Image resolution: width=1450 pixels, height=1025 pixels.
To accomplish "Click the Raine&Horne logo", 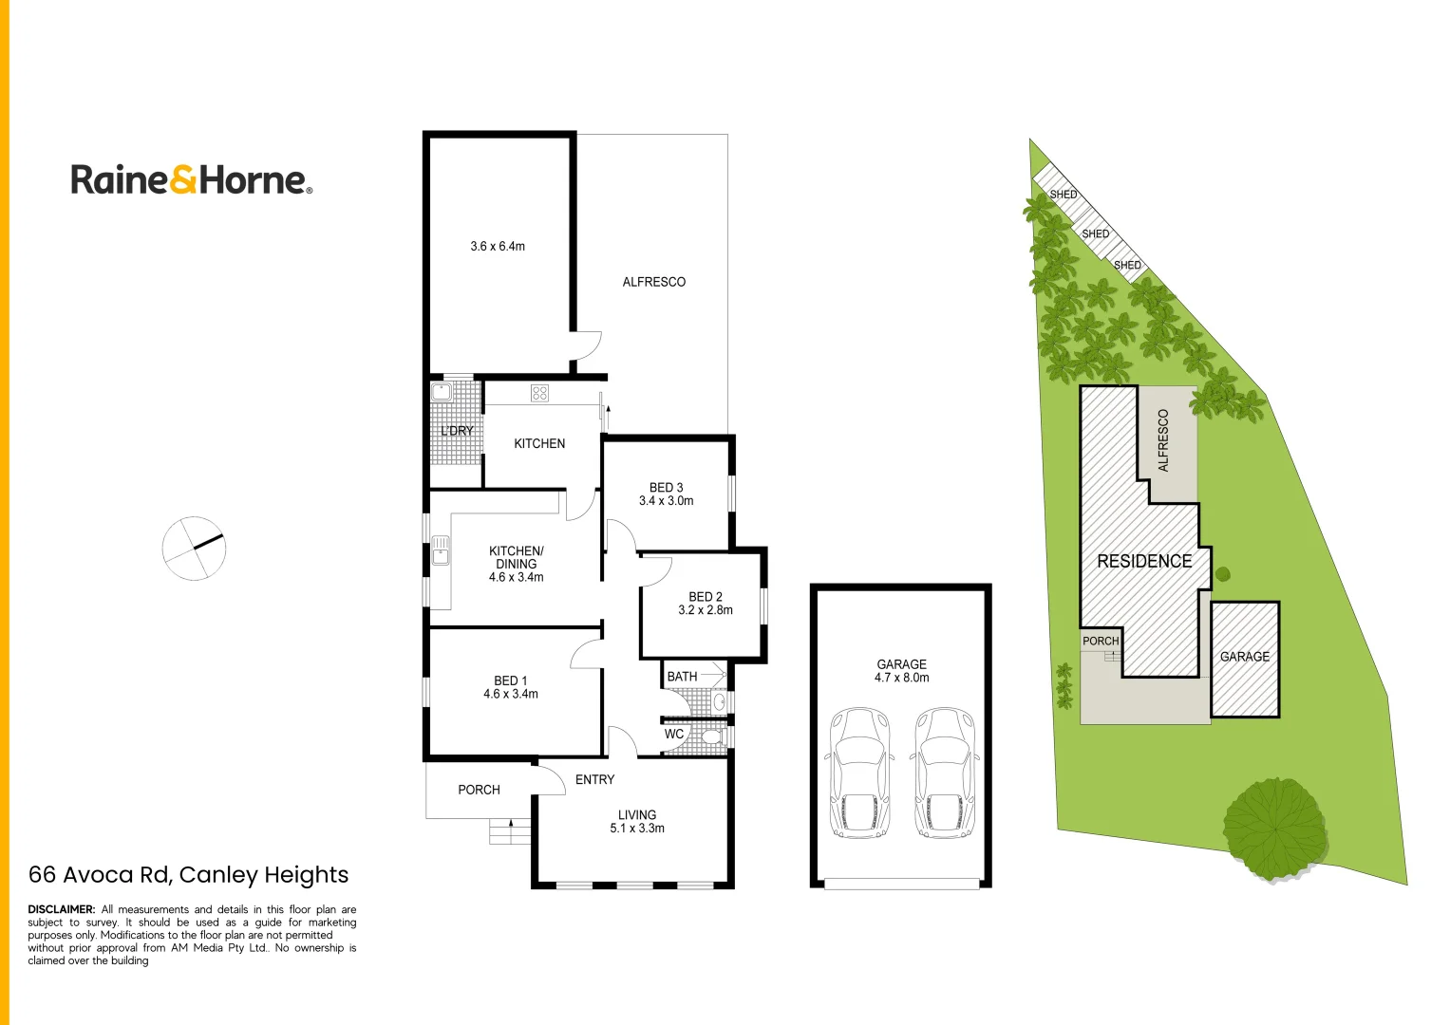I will click(191, 179).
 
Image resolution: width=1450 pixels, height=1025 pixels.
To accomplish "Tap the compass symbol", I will click(194, 549).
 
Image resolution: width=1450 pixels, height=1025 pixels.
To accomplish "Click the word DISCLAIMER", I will click(62, 909).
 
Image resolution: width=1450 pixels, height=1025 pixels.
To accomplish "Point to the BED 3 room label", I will click(666, 488).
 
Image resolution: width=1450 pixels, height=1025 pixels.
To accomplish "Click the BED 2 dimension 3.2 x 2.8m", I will click(705, 610).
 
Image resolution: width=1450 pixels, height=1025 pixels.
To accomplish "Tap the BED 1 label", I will click(510, 680).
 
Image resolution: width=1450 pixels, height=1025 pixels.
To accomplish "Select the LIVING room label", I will click(636, 815).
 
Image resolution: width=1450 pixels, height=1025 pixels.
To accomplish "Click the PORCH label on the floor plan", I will click(479, 790).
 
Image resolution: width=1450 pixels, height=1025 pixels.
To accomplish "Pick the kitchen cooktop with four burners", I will click(539, 393).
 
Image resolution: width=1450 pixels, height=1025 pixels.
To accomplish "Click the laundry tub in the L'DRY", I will click(442, 392).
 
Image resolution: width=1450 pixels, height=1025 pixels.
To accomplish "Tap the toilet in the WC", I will click(709, 736).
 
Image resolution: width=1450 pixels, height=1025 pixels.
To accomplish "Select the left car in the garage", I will click(859, 773).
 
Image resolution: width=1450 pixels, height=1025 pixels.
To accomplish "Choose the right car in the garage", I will click(944, 773).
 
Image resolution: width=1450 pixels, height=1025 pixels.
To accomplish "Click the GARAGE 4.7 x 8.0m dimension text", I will click(901, 678).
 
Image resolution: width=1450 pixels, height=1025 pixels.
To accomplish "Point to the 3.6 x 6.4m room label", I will click(498, 246).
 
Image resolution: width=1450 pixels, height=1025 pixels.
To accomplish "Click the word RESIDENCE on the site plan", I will click(1144, 561).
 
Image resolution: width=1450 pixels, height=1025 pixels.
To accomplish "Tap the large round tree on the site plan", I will click(1272, 828).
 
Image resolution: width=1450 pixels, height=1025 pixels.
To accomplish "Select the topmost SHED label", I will click(1063, 195).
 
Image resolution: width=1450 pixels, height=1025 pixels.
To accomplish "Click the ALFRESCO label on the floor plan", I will click(653, 282).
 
